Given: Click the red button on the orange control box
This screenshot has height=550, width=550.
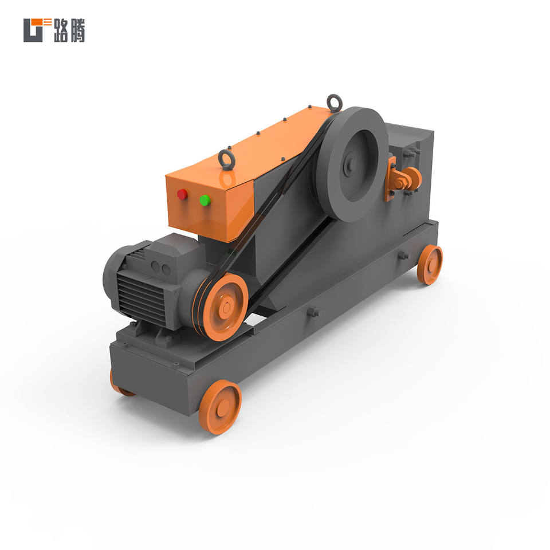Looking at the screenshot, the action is click(x=182, y=194).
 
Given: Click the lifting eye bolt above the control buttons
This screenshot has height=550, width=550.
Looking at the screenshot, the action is click(x=226, y=160).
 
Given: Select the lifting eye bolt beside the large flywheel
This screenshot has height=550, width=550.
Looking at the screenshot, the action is click(x=334, y=104).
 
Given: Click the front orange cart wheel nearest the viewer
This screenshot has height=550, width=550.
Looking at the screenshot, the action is click(x=220, y=407).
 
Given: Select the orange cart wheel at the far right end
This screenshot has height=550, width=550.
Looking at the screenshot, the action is click(x=430, y=265).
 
